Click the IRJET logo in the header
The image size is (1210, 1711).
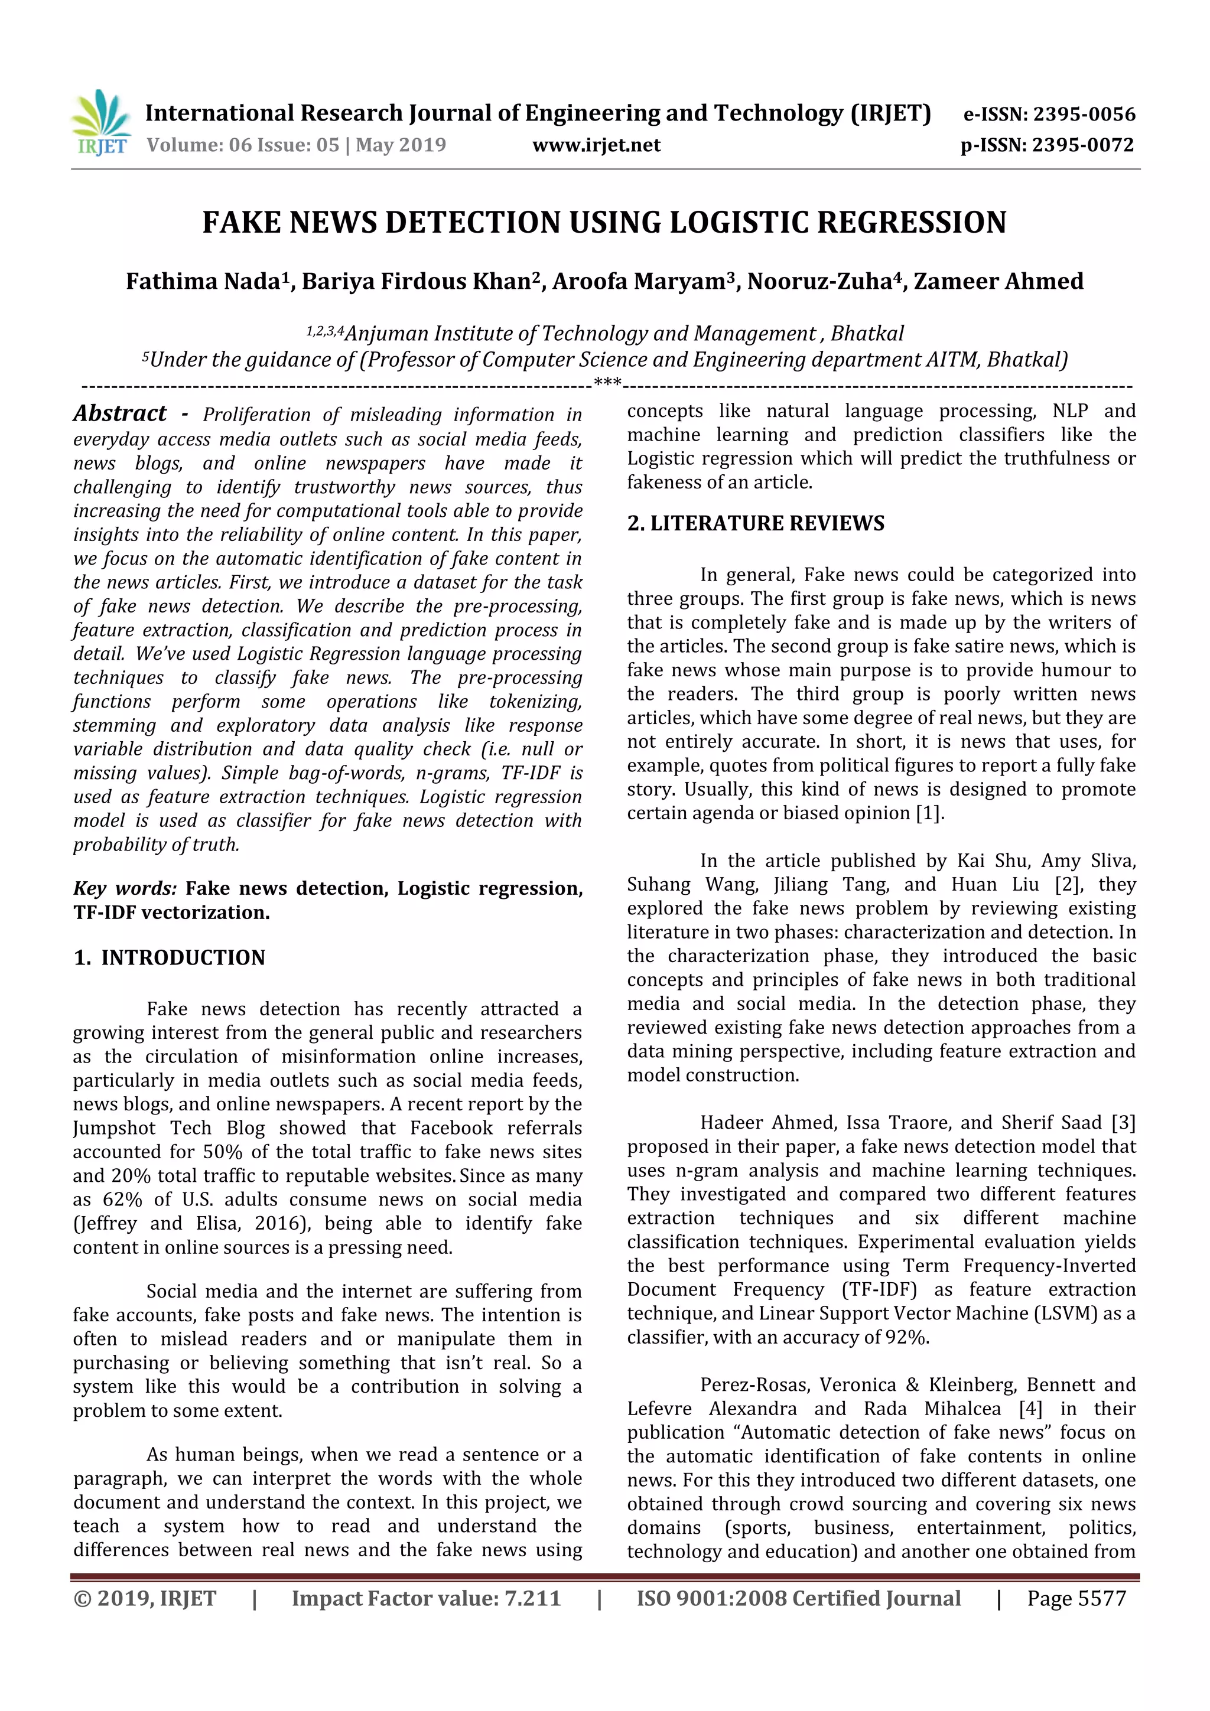click(x=100, y=122)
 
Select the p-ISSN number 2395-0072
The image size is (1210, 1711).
click(x=1082, y=145)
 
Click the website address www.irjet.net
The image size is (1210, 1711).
click(x=596, y=145)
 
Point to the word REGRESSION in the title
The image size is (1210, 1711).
click(x=911, y=223)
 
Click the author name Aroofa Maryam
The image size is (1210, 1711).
click(x=638, y=282)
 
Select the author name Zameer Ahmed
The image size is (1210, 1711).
click(x=998, y=282)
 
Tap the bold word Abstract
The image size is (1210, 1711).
click(x=120, y=413)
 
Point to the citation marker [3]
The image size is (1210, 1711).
click(x=1123, y=1122)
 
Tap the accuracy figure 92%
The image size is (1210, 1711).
click(x=906, y=1337)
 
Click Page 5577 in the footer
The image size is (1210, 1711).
click(x=1076, y=1598)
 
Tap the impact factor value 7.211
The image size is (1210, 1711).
click(x=532, y=1598)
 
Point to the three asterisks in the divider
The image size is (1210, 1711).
click(x=607, y=383)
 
